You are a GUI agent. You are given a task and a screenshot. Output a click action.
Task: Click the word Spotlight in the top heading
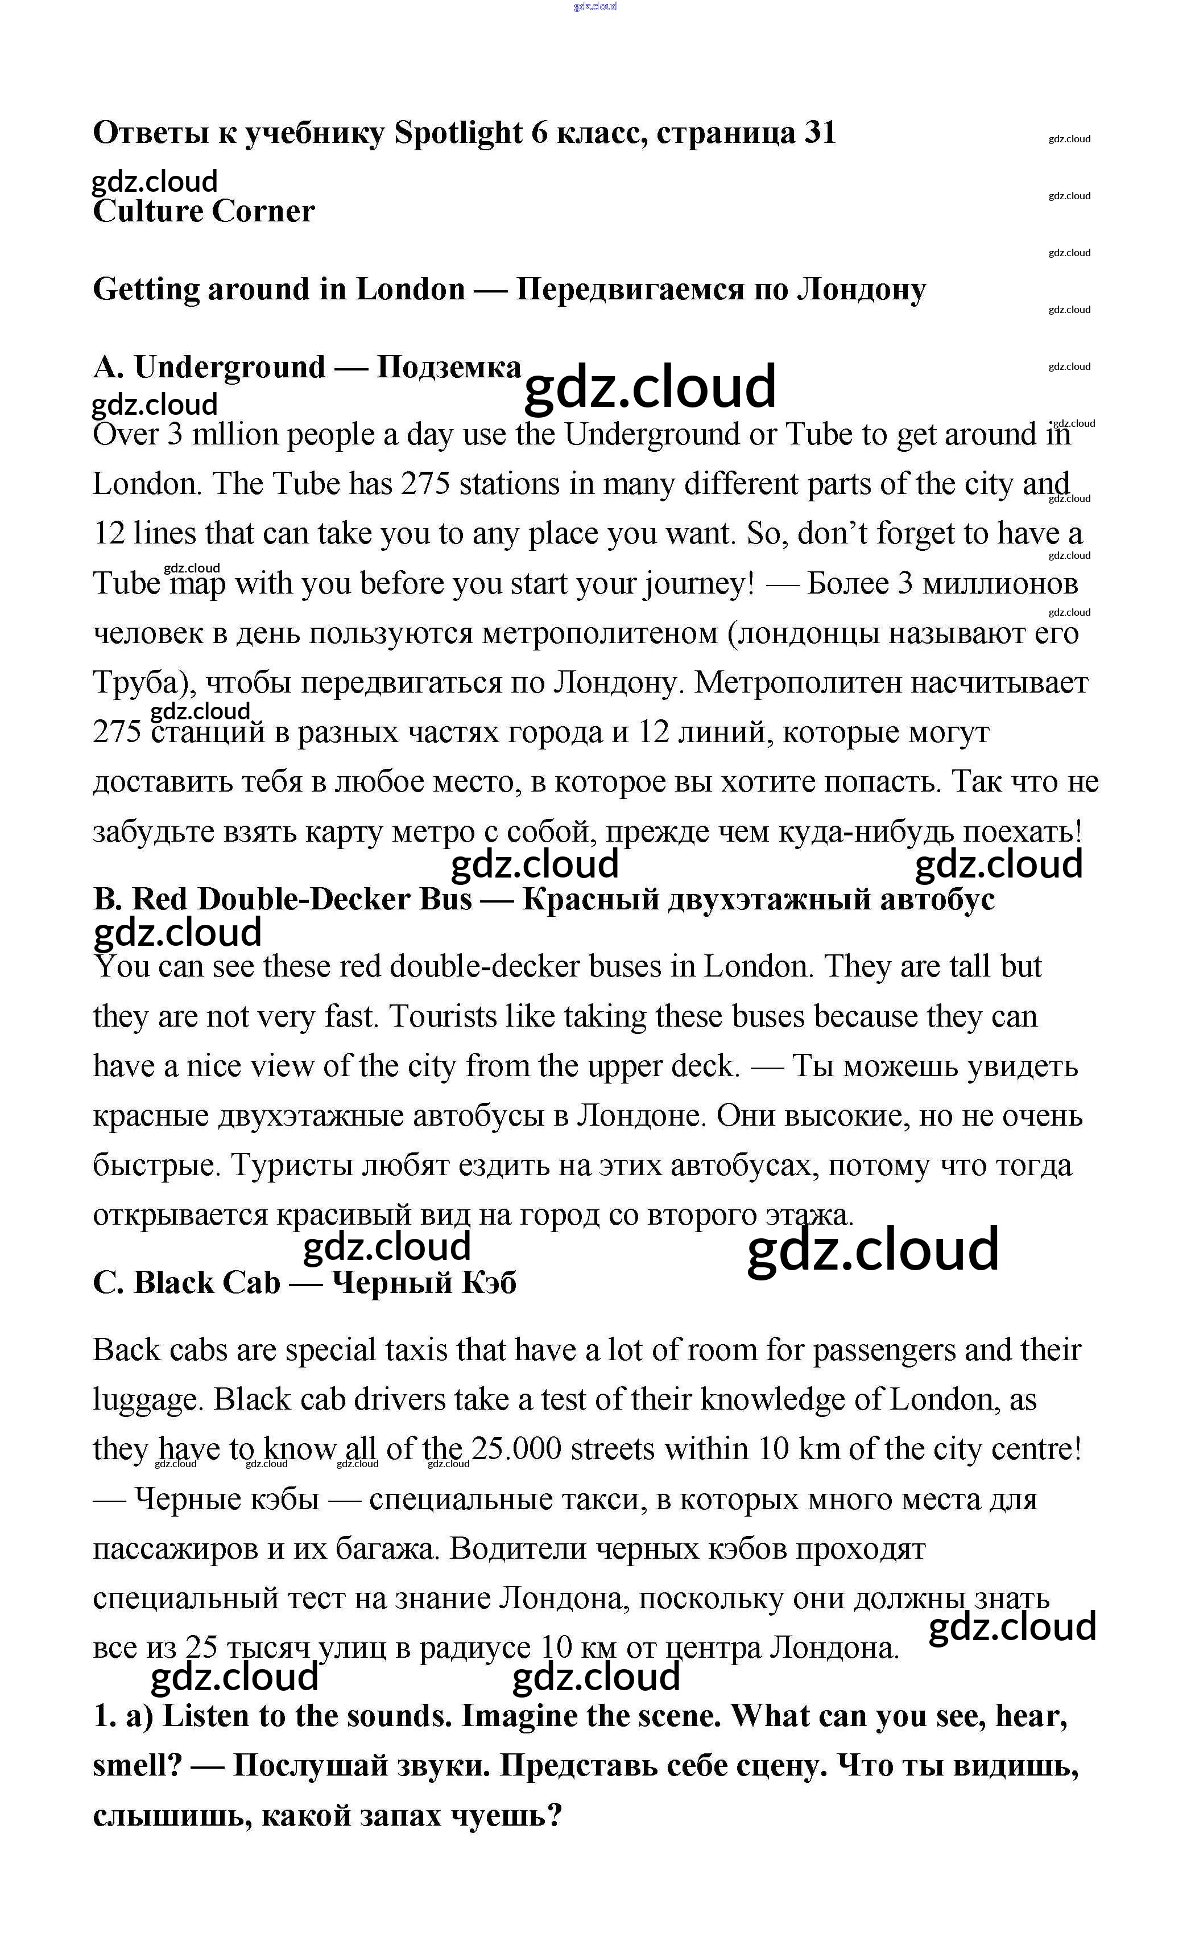[x=458, y=134]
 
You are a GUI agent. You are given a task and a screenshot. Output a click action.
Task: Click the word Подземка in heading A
[x=448, y=367]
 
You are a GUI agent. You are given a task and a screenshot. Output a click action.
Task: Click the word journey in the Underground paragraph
[x=691, y=584]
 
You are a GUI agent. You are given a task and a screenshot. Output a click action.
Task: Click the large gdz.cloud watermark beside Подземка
[x=650, y=388]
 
